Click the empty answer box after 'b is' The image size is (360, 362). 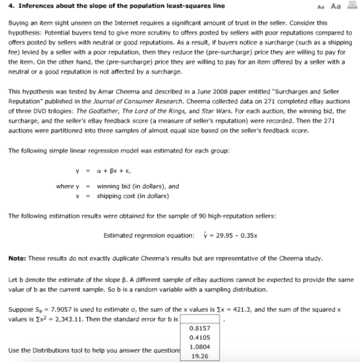pyautogui.click(x=200, y=319)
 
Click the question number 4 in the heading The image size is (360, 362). pyautogui.click(x=11, y=6)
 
